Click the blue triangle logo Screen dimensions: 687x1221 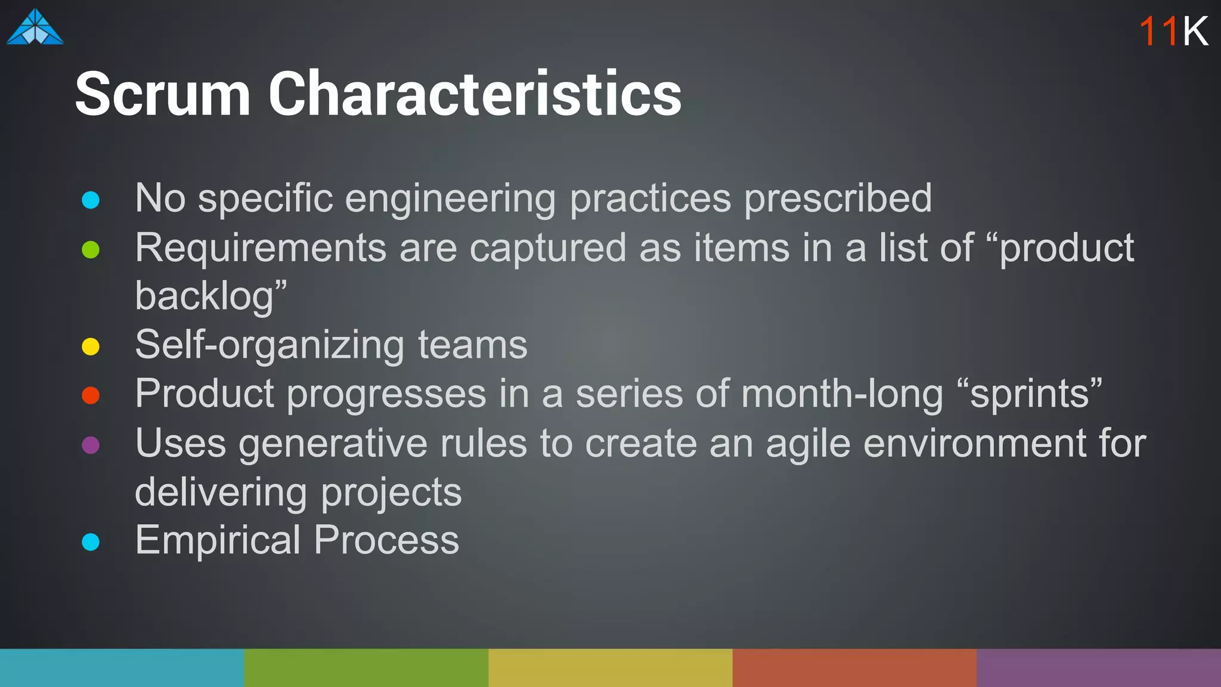click(35, 27)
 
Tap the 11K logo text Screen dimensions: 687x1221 click(1173, 31)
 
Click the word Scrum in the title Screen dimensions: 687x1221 click(162, 94)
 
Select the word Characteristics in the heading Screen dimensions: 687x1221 click(475, 94)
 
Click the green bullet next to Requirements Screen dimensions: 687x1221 click(91, 249)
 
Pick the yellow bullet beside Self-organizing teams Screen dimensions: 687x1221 click(91, 346)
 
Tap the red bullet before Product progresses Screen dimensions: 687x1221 click(91, 395)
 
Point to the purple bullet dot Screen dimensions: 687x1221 click(91, 445)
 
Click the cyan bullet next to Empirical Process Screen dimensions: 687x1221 click(91, 542)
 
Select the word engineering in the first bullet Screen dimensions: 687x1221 click(450, 199)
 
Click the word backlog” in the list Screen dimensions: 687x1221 click(210, 296)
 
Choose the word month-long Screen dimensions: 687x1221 click(842, 395)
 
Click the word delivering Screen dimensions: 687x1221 click(221, 493)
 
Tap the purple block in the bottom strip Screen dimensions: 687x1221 click(1098, 667)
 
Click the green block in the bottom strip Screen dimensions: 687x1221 click(366, 667)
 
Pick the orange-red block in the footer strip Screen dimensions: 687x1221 click(854, 667)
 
